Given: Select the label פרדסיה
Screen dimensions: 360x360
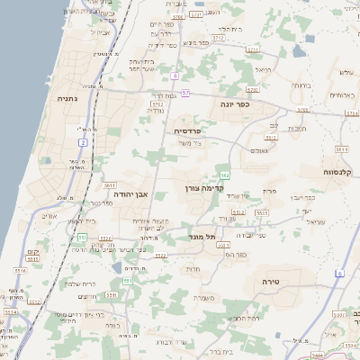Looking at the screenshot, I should pyautogui.click(x=187, y=131).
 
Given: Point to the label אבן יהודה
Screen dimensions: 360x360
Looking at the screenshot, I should pyautogui.click(x=130, y=193).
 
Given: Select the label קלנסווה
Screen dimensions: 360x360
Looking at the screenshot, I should pyautogui.click(x=341, y=171).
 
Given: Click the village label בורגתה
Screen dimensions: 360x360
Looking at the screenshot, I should pyautogui.click(x=301, y=86).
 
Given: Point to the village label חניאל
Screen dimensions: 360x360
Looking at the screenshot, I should pyautogui.click(x=263, y=69).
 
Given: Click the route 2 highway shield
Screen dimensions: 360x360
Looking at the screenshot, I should pyautogui.click(x=83, y=142).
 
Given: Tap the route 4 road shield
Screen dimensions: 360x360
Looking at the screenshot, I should pyautogui.click(x=175, y=75).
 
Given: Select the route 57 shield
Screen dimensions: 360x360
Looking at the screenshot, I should pyautogui.click(x=184, y=92).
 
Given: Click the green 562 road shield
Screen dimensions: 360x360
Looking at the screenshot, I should pyautogui.click(x=224, y=175).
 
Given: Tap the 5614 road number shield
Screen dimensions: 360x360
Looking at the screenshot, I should pyautogui.click(x=340, y=148).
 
